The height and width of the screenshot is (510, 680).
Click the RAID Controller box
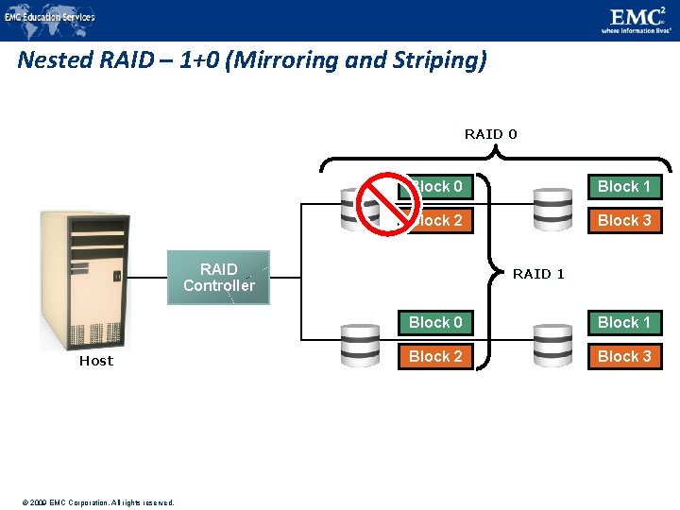click(x=218, y=277)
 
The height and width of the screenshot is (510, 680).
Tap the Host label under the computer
click(x=95, y=361)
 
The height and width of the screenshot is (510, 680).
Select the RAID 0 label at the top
click(x=490, y=134)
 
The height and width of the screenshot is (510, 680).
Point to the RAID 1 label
click(x=538, y=274)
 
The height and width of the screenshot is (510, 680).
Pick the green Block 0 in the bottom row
click(x=435, y=322)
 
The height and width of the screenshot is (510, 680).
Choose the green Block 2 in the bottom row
click(x=435, y=356)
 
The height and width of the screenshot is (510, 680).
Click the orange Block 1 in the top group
click(x=624, y=186)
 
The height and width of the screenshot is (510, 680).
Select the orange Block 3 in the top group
click(x=624, y=220)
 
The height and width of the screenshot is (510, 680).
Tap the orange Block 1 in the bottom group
click(x=624, y=322)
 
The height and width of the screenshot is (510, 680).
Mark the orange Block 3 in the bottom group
click(x=624, y=356)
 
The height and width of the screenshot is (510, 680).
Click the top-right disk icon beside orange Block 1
click(x=552, y=208)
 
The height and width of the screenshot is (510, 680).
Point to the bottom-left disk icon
click(x=360, y=345)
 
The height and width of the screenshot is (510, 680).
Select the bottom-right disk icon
click(x=552, y=345)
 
